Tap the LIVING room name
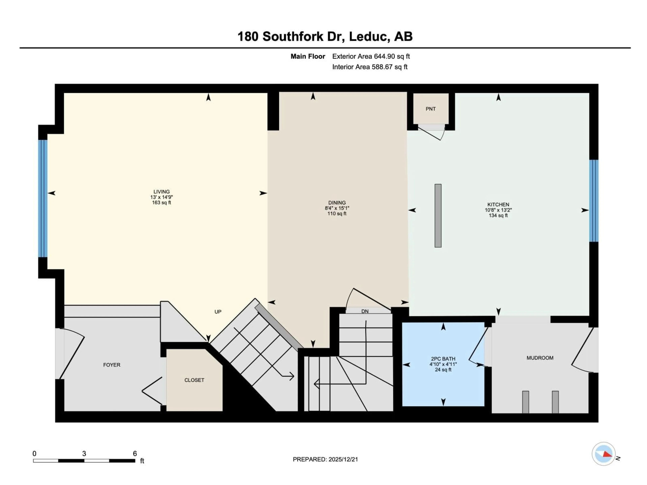[161, 192]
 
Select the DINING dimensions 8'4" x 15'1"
[337, 208]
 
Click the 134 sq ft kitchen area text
[498, 215]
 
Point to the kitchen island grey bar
[438, 215]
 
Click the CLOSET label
[194, 380]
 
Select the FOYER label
[112, 365]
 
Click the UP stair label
[218, 312]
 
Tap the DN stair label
[365, 311]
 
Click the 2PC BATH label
[443, 359]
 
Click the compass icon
[603, 454]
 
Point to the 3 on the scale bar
[84, 454]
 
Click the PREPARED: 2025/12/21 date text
[325, 459]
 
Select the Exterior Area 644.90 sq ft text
[371, 56]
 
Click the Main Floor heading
[308, 56]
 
